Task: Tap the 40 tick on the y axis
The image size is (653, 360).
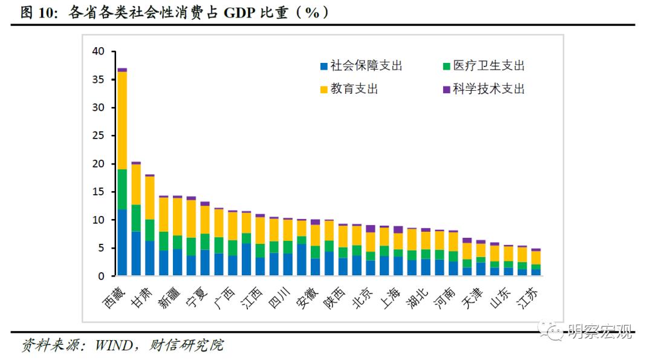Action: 99,51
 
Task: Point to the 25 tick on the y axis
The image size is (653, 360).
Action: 99,136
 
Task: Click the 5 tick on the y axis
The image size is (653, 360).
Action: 102,248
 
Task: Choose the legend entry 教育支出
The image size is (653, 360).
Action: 354,89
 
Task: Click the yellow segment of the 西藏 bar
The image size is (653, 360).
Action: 122,120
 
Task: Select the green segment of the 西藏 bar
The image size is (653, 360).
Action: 122,189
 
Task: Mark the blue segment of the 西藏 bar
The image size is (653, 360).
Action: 122,243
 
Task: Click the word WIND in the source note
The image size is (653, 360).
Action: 114,345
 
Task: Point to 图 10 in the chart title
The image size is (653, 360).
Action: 38,13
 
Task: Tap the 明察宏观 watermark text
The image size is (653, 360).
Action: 600,331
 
